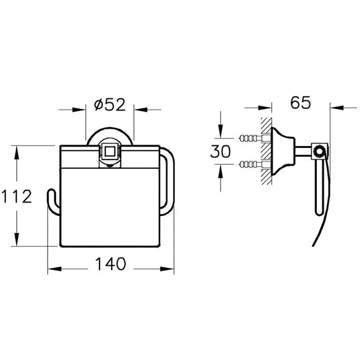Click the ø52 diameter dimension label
coord(110,105)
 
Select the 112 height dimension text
coord(17,196)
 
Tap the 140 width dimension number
coord(110,264)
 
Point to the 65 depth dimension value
coord(301,102)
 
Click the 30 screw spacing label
coord(221,151)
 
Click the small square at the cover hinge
coord(110,151)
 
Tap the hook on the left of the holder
coord(53,202)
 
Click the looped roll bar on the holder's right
coord(170,182)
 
